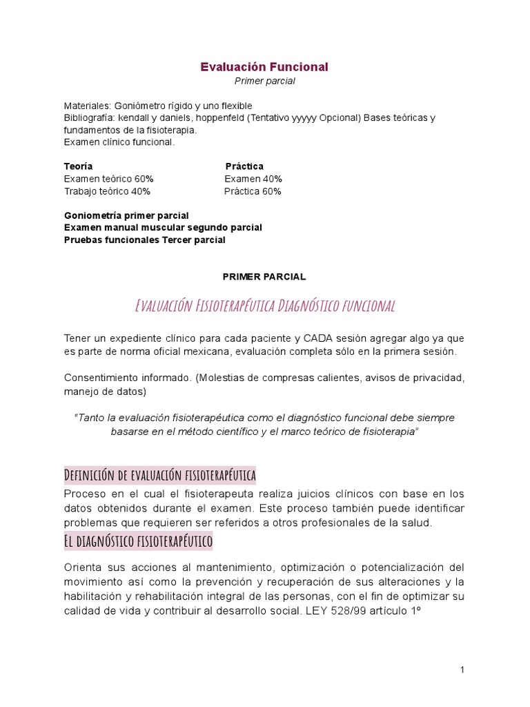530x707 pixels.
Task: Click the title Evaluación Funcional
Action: (264, 67)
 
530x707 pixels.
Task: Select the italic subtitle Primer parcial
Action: (264, 81)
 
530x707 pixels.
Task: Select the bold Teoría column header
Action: (79, 166)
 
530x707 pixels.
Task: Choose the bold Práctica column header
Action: (244, 166)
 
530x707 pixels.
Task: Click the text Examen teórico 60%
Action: (109, 179)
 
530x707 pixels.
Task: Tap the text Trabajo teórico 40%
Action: (107, 191)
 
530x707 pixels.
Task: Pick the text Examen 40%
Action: (253, 179)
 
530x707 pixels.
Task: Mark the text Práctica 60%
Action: (253, 191)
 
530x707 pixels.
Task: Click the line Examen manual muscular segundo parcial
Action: (163, 227)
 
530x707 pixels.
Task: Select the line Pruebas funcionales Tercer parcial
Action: (144, 240)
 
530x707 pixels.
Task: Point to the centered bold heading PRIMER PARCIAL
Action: (264, 276)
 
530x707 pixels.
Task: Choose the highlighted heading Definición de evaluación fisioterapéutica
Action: (160, 476)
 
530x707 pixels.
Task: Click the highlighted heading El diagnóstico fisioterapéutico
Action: (138, 541)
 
